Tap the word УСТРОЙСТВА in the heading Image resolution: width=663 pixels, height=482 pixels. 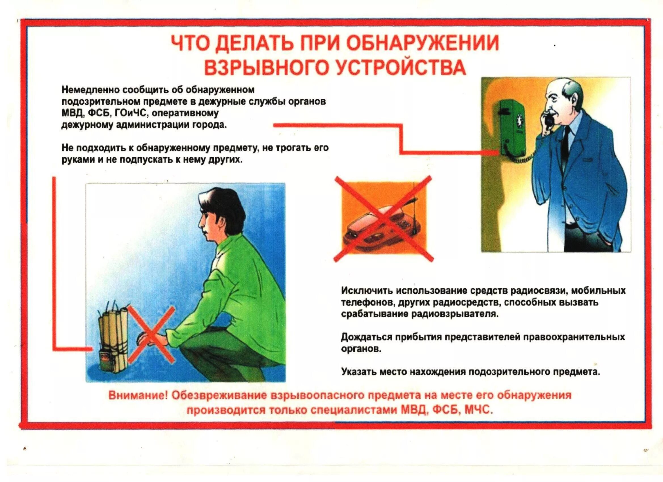(400, 67)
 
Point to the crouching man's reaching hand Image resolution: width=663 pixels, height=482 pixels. (146, 339)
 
